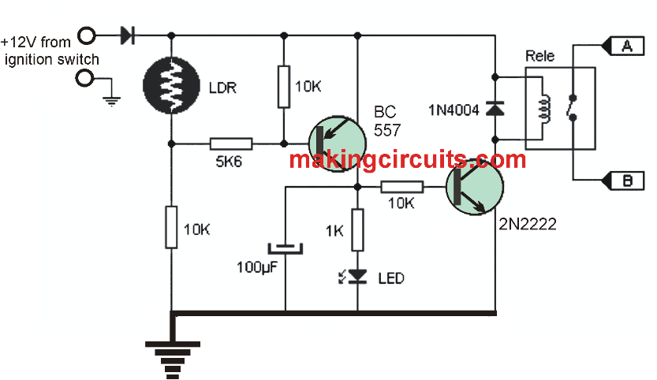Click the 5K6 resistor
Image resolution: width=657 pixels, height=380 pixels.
(x=231, y=143)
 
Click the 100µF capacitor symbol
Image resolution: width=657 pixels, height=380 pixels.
(x=284, y=248)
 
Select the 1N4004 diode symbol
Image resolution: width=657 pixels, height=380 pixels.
(x=495, y=109)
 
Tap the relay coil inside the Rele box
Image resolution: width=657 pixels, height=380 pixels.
(x=542, y=109)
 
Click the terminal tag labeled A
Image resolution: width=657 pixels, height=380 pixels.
(x=627, y=47)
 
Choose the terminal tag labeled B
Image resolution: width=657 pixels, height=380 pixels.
(x=627, y=181)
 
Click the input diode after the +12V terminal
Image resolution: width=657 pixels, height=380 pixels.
(x=126, y=35)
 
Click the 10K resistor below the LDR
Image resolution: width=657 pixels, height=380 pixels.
(x=171, y=227)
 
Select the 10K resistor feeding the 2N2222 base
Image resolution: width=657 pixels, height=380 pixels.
(x=401, y=187)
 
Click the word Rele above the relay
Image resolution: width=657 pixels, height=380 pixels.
(x=540, y=57)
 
